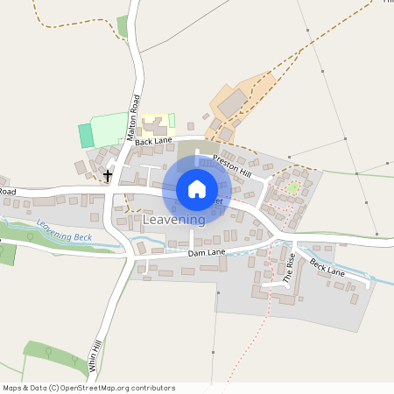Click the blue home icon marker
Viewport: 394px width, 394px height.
coord(196,188)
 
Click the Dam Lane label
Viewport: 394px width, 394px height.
coord(208,253)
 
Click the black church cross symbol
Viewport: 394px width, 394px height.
coord(109,176)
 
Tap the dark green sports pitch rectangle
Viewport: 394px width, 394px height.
coord(86,135)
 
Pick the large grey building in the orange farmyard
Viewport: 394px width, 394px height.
coord(234,105)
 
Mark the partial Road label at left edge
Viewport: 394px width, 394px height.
coord(8,190)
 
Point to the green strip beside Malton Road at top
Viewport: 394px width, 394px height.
coord(123,27)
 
